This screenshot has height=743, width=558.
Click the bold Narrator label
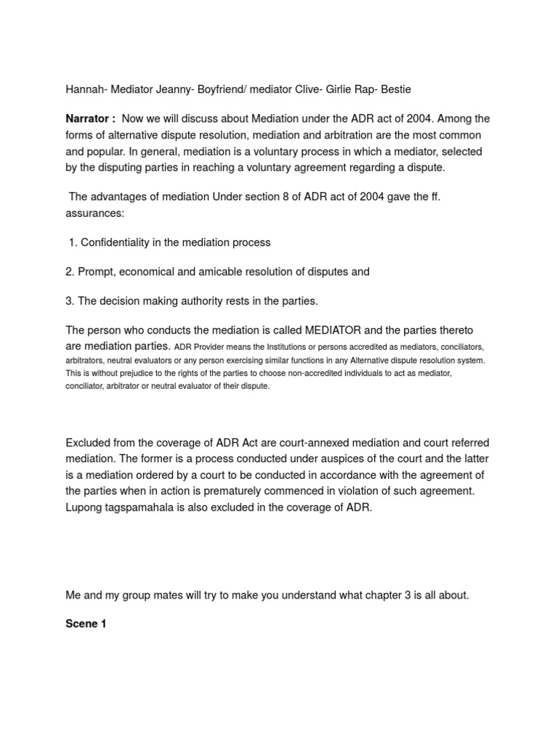click(x=90, y=119)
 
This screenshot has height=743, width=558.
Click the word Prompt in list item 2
click(x=96, y=272)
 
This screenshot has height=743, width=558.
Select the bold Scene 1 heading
click(x=86, y=624)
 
